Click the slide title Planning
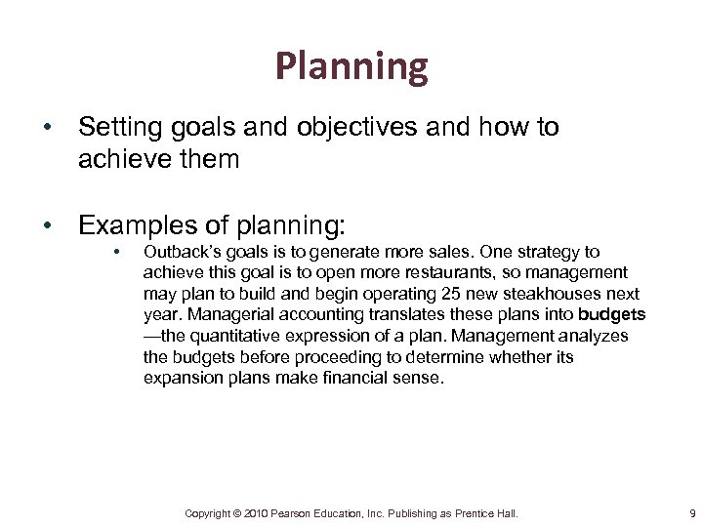tap(351, 66)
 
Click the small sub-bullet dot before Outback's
tap(115, 252)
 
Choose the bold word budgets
tap(612, 315)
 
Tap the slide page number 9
tap(691, 512)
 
